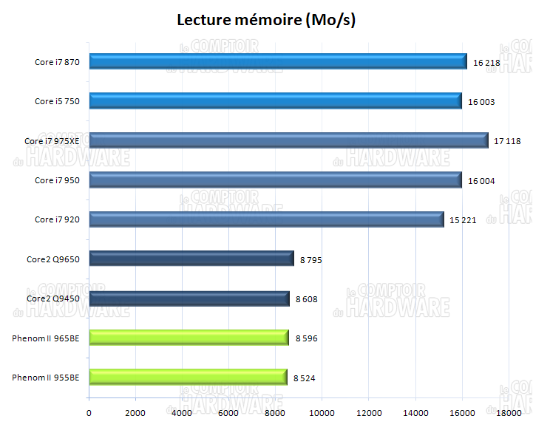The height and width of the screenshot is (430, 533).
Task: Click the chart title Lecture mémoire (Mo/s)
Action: coord(266,20)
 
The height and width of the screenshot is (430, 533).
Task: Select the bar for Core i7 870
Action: coord(278,62)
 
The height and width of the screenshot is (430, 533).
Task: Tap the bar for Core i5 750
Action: coord(275,101)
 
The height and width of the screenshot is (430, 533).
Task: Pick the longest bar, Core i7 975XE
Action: coord(288,140)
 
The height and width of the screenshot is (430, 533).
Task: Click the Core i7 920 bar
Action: coord(266,219)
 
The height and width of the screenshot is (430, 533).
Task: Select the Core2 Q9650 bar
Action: coord(191,259)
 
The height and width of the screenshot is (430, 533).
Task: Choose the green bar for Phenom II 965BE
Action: coord(189,338)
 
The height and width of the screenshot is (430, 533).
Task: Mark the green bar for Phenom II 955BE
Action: coord(188,377)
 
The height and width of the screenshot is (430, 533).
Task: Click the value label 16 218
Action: coord(486,63)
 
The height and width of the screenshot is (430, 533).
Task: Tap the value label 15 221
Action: coord(464,220)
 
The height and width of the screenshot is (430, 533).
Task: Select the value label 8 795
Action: coord(311,260)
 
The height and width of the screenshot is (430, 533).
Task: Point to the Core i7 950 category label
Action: coord(57,180)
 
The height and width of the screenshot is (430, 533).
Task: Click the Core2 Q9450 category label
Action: coord(53,298)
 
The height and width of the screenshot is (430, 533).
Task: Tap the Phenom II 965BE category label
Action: coord(45,338)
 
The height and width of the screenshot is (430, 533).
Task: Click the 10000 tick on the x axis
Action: coord(322,412)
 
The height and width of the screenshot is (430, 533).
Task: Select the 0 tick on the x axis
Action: coord(89,412)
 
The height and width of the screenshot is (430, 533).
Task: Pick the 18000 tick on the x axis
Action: coord(509,412)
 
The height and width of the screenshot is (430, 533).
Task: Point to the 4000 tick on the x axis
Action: coord(183,412)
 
